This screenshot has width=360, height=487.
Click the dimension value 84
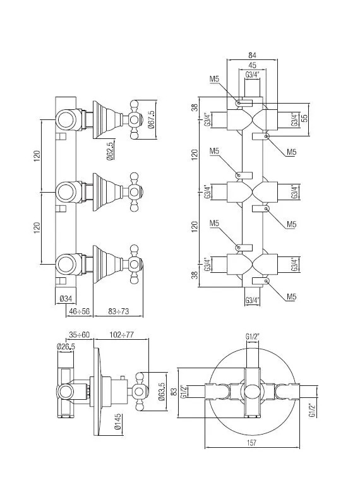point(252,55)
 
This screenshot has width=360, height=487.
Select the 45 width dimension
point(252,65)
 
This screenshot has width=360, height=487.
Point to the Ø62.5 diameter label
point(111,150)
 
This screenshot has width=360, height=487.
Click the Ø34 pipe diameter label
point(66,299)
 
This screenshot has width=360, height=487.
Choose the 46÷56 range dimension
point(79,311)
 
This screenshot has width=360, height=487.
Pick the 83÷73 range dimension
point(118,311)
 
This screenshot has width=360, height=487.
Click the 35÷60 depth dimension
point(79,335)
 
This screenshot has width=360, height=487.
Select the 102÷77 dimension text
point(121,335)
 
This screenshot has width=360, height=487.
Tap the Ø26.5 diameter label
point(66,346)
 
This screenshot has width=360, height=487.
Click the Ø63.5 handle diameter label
point(162,392)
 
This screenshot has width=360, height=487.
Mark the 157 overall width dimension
point(251,442)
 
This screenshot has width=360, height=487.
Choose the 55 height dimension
point(304,117)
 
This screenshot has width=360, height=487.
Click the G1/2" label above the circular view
point(252,337)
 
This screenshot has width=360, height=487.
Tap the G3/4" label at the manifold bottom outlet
point(252,300)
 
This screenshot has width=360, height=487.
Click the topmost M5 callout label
point(214,79)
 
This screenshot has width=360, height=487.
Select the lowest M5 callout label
point(291,297)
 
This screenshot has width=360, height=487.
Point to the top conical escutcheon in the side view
point(107,119)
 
